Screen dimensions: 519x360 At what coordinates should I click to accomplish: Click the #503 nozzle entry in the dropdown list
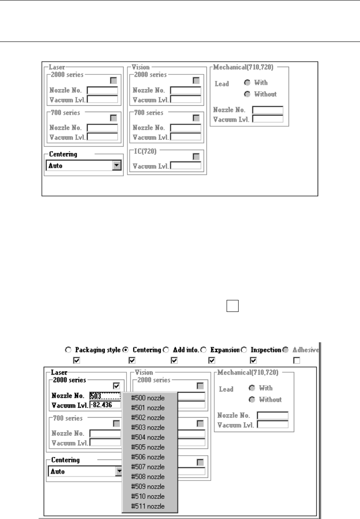click(x=148, y=427)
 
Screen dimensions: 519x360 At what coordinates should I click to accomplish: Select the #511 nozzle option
click(x=148, y=507)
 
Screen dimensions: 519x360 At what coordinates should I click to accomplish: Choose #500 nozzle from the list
click(x=148, y=398)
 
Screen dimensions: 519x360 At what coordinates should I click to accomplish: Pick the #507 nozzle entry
click(x=148, y=467)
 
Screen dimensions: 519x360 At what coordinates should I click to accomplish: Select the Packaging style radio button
click(x=68, y=350)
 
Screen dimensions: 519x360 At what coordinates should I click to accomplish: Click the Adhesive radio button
click(x=286, y=350)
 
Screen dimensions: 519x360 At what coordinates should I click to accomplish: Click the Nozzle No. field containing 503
click(x=105, y=396)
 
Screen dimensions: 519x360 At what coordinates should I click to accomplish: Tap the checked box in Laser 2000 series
click(x=116, y=386)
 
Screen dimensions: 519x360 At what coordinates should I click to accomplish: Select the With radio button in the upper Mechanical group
click(x=247, y=83)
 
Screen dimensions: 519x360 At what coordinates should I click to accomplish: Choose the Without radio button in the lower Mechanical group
click(x=252, y=400)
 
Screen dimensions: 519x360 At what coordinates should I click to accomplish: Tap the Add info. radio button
click(x=165, y=350)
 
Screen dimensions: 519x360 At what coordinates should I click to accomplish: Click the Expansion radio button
click(x=204, y=350)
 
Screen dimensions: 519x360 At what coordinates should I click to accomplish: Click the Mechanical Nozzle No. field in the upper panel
click(x=268, y=110)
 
